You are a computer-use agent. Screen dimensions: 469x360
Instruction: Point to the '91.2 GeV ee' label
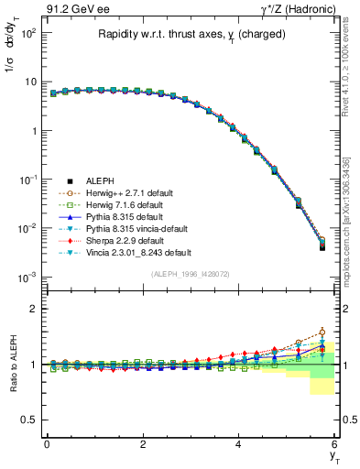tap(69, 10)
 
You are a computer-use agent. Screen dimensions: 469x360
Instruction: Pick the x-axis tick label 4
tap(239, 445)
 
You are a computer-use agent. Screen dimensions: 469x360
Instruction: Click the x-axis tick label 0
tap(47, 445)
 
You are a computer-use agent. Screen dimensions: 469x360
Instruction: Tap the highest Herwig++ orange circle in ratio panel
tap(322, 333)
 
